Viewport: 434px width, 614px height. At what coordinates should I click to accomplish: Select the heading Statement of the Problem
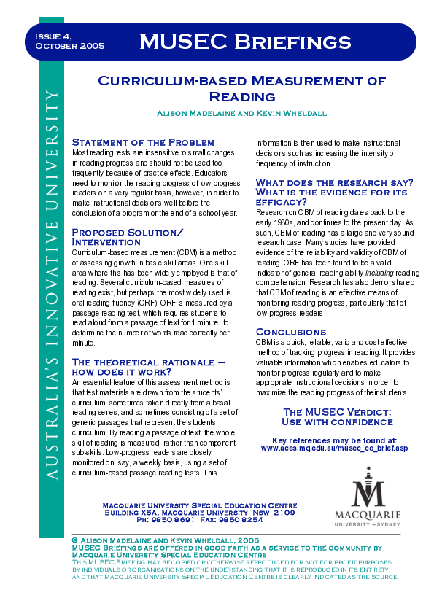tap(143, 142)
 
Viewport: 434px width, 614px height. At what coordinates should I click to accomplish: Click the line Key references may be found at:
tap(334, 440)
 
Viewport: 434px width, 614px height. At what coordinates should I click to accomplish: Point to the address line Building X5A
tap(199, 513)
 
